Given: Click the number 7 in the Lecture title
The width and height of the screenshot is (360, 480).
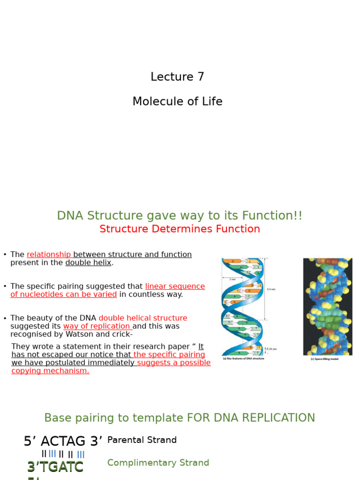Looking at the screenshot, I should coord(200,77).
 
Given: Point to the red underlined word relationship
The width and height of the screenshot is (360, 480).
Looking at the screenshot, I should coord(48,255).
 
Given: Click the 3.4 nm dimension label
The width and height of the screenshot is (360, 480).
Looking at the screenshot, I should coord(271,289).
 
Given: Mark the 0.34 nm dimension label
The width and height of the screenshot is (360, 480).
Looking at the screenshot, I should coord(271,349).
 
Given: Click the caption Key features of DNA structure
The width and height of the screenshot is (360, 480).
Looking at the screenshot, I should coord(243,359).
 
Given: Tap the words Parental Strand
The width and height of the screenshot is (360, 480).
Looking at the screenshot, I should coord(142,440).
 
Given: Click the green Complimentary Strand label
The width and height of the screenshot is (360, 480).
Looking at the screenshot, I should coord(158,463).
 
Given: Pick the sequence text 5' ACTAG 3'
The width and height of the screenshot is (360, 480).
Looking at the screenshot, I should coord(63,442).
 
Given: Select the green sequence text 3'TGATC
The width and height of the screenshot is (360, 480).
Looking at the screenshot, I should coord(55,467).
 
